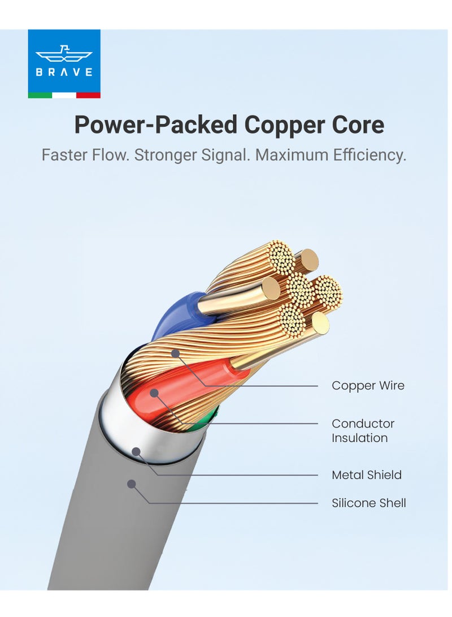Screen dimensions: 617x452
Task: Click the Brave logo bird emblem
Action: pos(64,55)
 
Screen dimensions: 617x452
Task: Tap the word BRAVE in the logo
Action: pos(64,72)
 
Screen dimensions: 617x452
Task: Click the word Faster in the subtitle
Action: pos(64,155)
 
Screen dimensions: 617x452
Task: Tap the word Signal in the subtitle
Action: pos(223,155)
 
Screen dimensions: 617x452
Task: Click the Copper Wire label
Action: pos(368,386)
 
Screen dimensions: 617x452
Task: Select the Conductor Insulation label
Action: pos(363,430)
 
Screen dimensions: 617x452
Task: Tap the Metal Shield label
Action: pos(366,475)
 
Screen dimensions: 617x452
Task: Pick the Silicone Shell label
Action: pos(368,503)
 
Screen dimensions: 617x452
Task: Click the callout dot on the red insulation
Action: pos(153,392)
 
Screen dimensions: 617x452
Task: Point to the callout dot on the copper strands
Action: pos(175,353)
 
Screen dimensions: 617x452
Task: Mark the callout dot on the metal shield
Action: pos(136,451)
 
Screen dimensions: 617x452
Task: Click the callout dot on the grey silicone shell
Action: pos(131,484)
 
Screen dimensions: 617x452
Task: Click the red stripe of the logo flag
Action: pos(88,95)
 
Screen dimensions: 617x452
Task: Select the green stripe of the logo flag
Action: pos(40,95)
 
